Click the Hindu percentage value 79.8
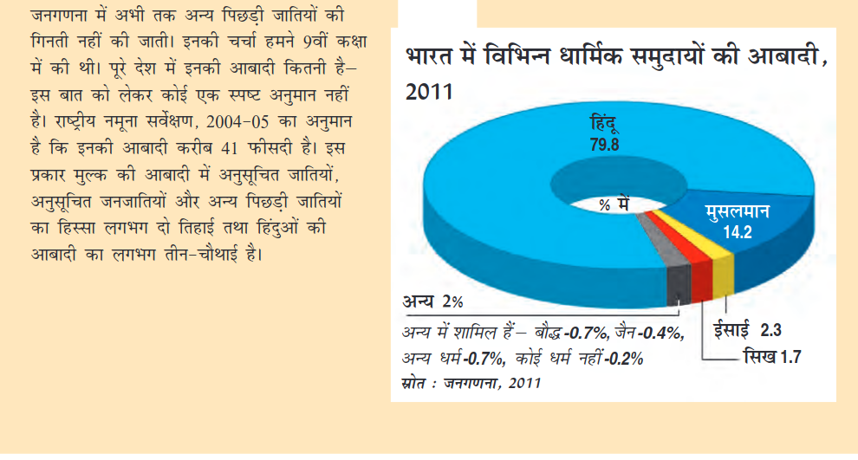pyautogui.click(x=605, y=146)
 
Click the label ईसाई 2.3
pyautogui.click(x=747, y=328)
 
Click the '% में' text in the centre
pyautogui.click(x=613, y=205)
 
